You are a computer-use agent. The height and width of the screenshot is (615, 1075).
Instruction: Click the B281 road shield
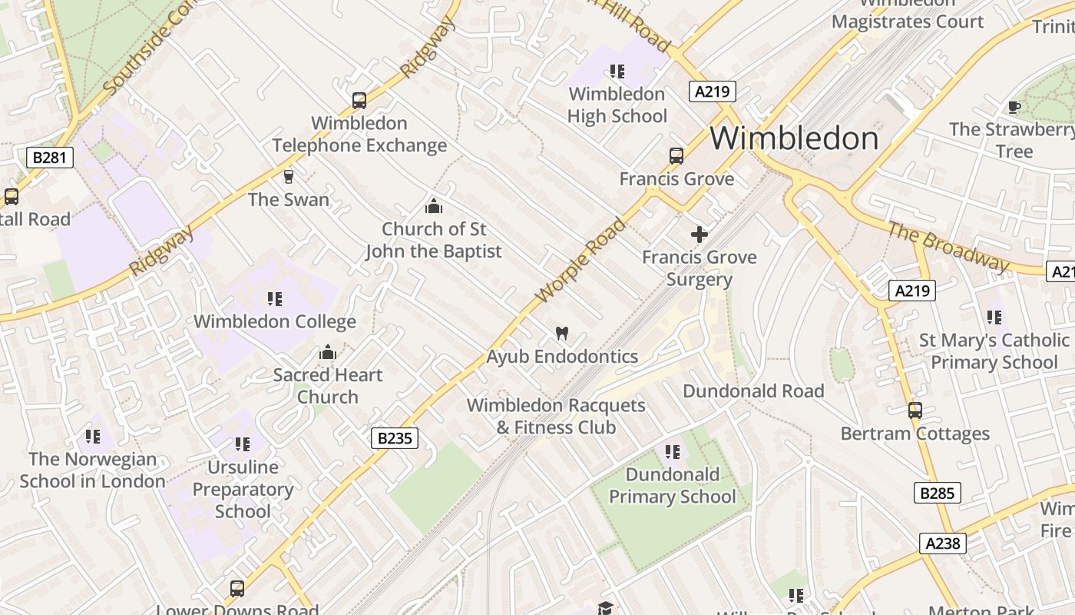[50, 158]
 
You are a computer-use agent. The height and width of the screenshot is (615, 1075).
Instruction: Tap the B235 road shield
[395, 438]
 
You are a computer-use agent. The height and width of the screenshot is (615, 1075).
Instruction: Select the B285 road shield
[937, 493]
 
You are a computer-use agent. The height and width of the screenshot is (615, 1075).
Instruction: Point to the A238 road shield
[942, 544]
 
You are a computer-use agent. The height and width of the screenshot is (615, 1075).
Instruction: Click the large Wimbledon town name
[793, 138]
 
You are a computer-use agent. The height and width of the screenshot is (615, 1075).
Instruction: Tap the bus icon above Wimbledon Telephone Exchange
[359, 100]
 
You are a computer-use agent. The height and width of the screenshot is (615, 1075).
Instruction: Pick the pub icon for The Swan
[289, 177]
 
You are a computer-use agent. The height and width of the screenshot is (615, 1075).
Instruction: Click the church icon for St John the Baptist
[433, 206]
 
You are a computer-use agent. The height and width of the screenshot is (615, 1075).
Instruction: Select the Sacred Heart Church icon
[328, 353]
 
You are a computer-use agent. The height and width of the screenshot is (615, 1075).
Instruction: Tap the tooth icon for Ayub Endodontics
[561, 334]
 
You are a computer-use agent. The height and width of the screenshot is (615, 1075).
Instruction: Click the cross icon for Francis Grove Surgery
[700, 234]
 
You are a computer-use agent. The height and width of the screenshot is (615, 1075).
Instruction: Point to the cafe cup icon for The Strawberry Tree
[1014, 107]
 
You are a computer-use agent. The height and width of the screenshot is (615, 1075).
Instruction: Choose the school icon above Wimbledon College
[274, 298]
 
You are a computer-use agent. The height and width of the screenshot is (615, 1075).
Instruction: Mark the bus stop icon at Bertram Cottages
[915, 411]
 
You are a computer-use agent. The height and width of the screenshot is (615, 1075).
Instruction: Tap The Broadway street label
[948, 247]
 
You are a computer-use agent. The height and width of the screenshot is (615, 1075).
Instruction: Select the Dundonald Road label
[753, 391]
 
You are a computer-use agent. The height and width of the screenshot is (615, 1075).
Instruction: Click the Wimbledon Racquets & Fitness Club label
[556, 416]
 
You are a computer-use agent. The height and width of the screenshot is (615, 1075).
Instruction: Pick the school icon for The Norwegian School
[93, 437]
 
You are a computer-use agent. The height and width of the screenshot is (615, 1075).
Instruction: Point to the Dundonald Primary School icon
[672, 451]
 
